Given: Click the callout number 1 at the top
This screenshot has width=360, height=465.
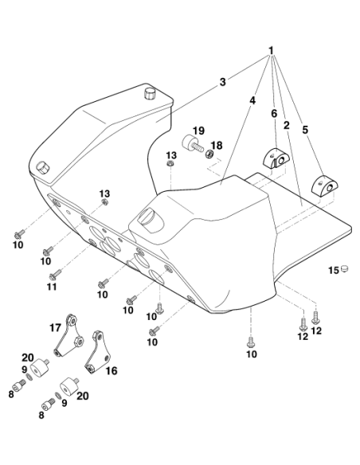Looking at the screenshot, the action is pos(271,51).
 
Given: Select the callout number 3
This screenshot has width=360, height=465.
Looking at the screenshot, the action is pos(222,82).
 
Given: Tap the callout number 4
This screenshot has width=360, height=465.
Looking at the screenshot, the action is pos(252,100).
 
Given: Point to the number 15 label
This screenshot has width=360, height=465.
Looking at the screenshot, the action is pos(334,270).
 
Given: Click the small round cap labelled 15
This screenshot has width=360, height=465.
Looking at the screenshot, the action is pos(344,268).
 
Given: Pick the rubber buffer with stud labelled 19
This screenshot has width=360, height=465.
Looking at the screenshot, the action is pos(192,143).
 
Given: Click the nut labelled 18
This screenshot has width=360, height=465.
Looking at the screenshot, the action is pos(209,154).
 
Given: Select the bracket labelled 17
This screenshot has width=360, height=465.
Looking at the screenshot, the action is pos(69,335).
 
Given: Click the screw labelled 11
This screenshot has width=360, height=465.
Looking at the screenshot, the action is pos(55,275).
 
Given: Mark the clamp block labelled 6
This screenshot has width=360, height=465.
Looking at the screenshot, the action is pos(276,159).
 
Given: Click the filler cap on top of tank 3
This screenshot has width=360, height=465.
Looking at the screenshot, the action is pos(150,94).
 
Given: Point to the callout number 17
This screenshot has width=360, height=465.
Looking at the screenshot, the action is pos(55,328).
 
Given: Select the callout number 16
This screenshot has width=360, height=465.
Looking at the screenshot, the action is pos(112,370).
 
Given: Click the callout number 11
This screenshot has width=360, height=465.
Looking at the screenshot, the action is pos(52,287).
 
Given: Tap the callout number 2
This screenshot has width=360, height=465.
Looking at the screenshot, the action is pos(286,125).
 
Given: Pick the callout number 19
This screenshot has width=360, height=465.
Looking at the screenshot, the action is pos(198,131).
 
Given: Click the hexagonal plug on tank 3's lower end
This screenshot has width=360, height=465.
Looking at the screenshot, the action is pos(43,169).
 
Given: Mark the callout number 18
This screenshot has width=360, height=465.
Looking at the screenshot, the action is pos(217,145).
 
